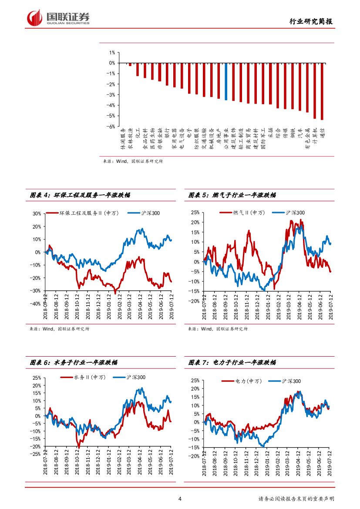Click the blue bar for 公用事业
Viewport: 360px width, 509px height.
(226, 81)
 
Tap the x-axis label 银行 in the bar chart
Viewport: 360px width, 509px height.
(167, 133)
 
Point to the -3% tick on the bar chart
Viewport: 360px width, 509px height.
(111, 94)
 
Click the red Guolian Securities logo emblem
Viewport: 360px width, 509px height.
(34, 17)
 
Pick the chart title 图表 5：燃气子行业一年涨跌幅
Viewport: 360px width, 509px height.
(232, 196)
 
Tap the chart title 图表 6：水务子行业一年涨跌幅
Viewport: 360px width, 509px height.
(74, 362)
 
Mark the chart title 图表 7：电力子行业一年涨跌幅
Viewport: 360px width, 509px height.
(232, 362)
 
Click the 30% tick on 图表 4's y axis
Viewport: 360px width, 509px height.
(36, 214)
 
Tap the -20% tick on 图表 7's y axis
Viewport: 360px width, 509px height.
(195, 456)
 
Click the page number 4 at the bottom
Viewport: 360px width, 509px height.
(180, 499)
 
